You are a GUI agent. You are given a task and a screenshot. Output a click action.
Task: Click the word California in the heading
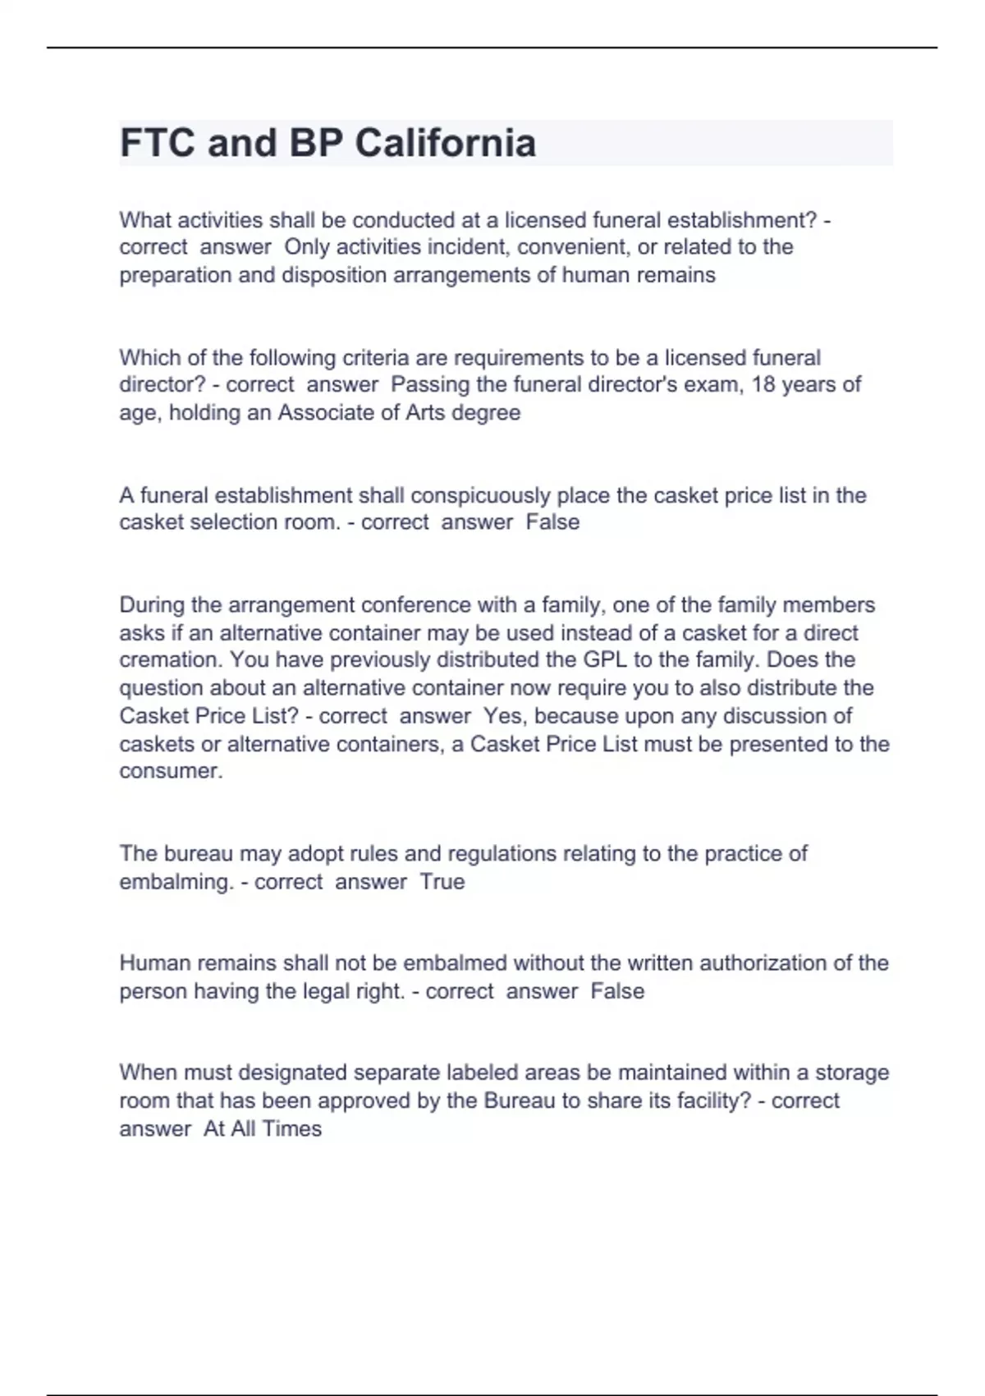tap(445, 143)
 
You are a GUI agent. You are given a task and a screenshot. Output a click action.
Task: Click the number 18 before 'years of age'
tap(763, 384)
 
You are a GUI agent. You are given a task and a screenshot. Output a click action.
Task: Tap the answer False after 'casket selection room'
tap(552, 522)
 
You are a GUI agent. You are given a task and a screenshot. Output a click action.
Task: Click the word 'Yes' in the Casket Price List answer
tap(501, 716)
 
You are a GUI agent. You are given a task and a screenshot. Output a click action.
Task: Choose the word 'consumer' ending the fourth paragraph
tap(169, 771)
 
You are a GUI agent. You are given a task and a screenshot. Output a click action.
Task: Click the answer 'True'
tap(442, 882)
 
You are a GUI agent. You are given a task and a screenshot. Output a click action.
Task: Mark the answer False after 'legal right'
tap(617, 991)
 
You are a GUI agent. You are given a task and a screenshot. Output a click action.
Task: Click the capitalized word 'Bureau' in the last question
tap(520, 1101)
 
